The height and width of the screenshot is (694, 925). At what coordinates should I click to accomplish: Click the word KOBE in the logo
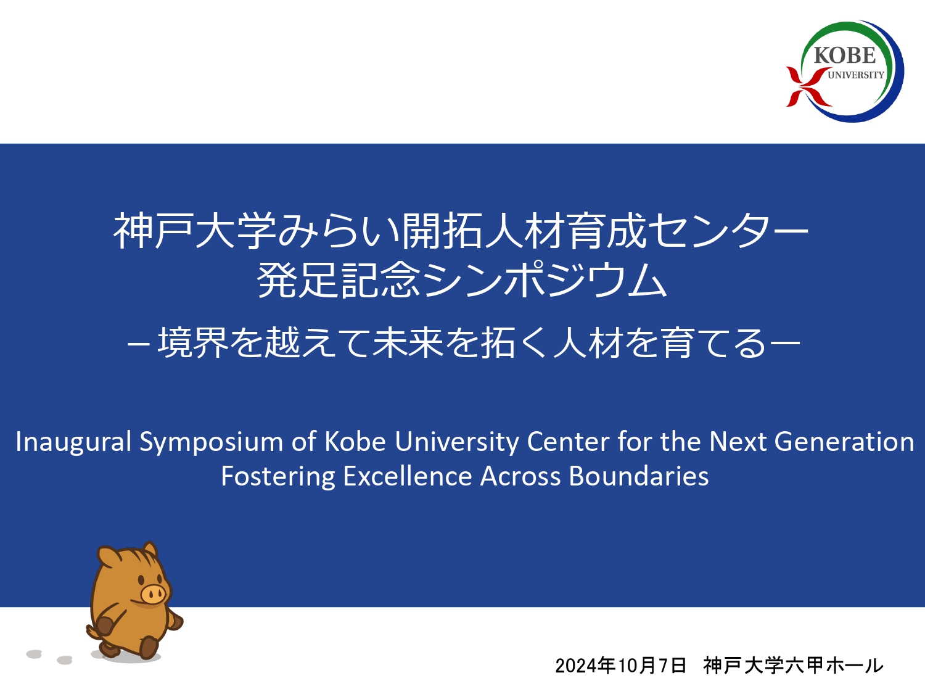pyautogui.click(x=844, y=55)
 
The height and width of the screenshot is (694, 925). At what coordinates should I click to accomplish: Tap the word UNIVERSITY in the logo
pyautogui.click(x=856, y=75)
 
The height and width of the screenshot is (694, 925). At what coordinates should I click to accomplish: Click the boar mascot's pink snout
pyautogui.click(x=152, y=594)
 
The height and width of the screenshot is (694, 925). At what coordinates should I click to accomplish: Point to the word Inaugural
pyautogui.click(x=73, y=442)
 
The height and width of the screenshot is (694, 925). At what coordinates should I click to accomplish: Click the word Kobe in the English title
pyautogui.click(x=355, y=441)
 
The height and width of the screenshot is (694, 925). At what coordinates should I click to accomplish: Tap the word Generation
pyautogui.click(x=844, y=442)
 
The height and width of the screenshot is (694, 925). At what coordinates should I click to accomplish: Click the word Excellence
pyautogui.click(x=408, y=477)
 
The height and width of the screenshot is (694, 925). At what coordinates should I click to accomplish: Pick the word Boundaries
pyautogui.click(x=638, y=477)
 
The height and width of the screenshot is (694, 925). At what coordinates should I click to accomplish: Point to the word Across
pyautogui.click(x=520, y=477)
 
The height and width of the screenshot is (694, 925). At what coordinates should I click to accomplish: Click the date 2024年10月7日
pyautogui.click(x=620, y=666)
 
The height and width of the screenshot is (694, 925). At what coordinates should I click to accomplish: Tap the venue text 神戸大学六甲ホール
pyautogui.click(x=793, y=666)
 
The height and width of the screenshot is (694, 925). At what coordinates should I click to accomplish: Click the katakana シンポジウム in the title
pyautogui.click(x=545, y=280)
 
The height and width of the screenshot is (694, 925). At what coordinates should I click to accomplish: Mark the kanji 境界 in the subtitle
pyautogui.click(x=193, y=343)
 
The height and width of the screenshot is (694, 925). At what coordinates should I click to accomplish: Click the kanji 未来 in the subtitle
pyautogui.click(x=408, y=343)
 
